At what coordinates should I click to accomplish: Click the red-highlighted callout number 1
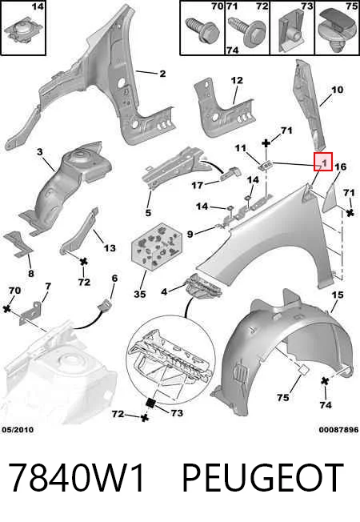pyautogui.click(x=323, y=162)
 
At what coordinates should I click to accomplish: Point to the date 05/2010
pyautogui.click(x=18, y=430)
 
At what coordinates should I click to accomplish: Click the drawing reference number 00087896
pyautogui.click(x=338, y=430)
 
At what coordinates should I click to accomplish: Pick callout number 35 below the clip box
pyautogui.click(x=140, y=295)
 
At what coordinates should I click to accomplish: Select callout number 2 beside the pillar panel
pyautogui.click(x=162, y=73)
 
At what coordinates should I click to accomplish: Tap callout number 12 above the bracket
pyautogui.click(x=237, y=81)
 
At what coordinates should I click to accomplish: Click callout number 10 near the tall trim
pyautogui.click(x=337, y=90)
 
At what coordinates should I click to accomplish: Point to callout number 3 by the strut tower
pyautogui.click(x=39, y=152)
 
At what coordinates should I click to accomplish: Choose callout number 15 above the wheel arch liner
pyautogui.click(x=338, y=295)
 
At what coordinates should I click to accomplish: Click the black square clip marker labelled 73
pyautogui.click(x=150, y=403)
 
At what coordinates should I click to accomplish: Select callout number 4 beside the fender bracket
pyautogui.click(x=164, y=292)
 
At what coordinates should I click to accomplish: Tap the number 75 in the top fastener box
pyautogui.click(x=351, y=6)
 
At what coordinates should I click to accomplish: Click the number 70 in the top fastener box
pyautogui.click(x=218, y=6)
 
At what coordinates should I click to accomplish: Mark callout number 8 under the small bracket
pyautogui.click(x=31, y=274)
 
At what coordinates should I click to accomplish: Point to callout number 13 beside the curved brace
pyautogui.click(x=110, y=248)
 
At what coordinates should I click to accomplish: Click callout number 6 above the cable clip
pyautogui.click(x=114, y=278)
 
